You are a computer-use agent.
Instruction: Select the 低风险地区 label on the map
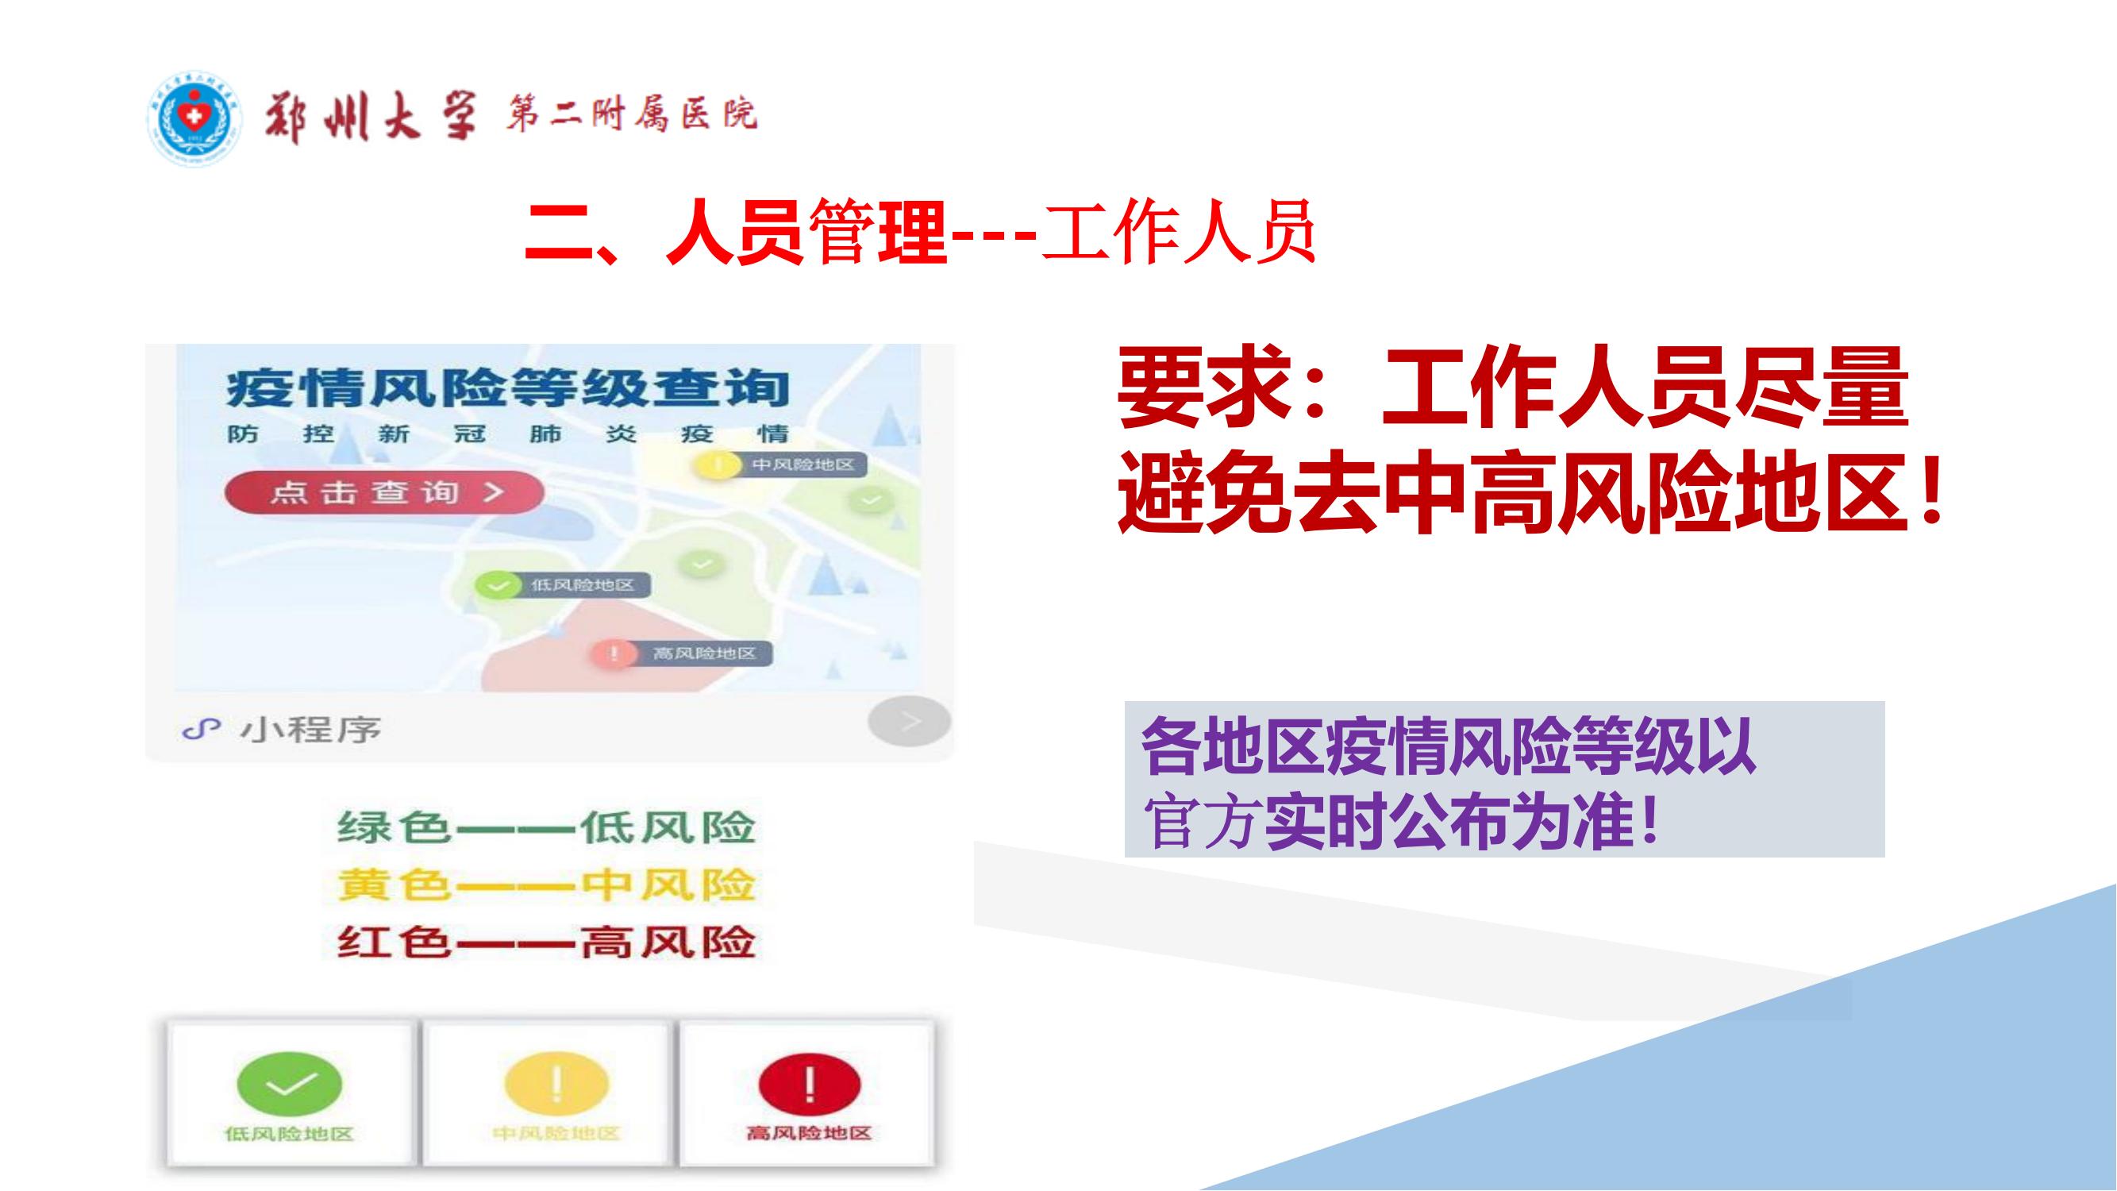click(x=583, y=585)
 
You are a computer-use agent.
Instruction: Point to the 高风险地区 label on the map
click(x=703, y=653)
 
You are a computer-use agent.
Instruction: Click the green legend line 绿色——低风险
click(x=545, y=827)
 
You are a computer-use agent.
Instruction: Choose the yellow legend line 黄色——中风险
click(x=545, y=885)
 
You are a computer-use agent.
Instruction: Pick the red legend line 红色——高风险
click(x=545, y=942)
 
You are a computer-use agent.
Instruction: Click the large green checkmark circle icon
click(x=289, y=1084)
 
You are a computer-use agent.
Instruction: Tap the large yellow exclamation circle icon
click(x=556, y=1084)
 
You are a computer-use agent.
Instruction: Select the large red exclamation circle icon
click(x=810, y=1084)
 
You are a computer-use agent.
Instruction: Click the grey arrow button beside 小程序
click(x=909, y=722)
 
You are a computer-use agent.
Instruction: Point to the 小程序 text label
click(x=310, y=728)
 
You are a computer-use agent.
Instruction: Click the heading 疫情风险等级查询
click(x=507, y=390)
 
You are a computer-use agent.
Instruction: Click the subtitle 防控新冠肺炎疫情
click(x=507, y=434)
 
